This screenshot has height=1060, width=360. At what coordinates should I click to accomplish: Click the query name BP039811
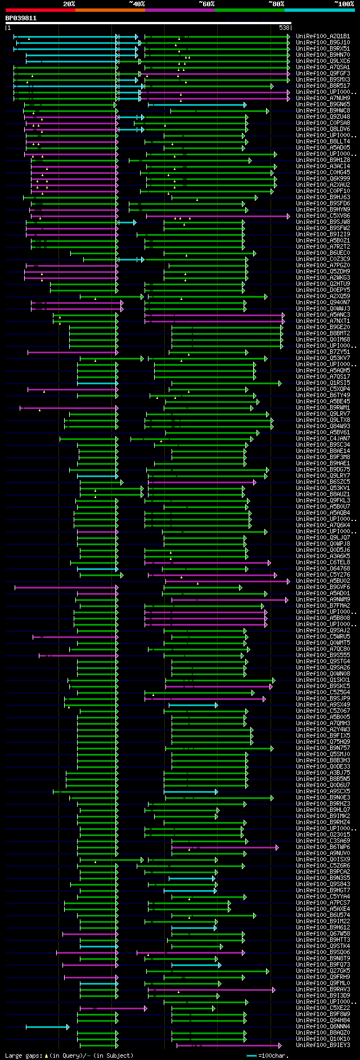pos(21,18)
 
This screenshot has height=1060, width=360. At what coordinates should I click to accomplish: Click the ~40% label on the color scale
pos(137,4)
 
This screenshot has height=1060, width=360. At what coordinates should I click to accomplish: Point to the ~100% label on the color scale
pos(344,4)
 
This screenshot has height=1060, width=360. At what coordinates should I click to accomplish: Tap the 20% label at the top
pos(69,4)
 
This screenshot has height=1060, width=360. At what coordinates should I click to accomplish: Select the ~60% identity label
pos(206,4)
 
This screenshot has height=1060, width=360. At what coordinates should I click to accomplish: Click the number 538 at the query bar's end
pos(284,27)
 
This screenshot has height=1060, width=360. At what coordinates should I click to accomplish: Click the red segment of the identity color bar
pos(40,10)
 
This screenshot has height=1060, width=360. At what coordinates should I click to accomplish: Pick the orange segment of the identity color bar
pos(110,10)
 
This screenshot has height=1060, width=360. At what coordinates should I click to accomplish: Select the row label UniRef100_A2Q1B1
pos(323,37)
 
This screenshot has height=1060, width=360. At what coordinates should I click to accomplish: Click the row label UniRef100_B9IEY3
pos(323,1045)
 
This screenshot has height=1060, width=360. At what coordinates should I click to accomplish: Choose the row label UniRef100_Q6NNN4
pos(323,1027)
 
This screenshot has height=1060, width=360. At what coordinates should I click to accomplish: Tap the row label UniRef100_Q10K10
pos(323,1039)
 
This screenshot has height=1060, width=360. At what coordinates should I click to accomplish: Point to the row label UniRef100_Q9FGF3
pos(323,74)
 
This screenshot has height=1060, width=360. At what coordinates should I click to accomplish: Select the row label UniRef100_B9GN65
pos(323,105)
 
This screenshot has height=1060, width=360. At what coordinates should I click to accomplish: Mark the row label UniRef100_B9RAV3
pos(323,990)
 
